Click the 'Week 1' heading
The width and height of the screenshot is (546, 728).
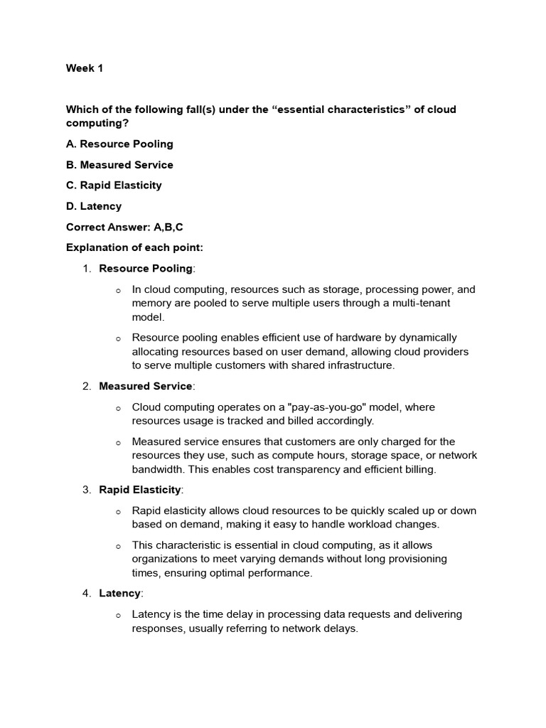click(x=84, y=68)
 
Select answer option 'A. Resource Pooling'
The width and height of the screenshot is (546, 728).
click(x=119, y=144)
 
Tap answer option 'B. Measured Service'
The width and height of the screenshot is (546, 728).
click(x=119, y=164)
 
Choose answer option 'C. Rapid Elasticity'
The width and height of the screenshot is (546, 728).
click(x=114, y=185)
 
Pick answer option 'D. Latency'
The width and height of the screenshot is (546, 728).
click(x=94, y=206)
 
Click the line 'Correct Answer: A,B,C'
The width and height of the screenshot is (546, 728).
click(x=124, y=227)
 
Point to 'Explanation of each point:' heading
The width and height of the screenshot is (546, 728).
click(x=134, y=248)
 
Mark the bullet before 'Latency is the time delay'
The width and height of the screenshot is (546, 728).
click(x=119, y=615)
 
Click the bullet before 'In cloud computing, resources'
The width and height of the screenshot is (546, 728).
click(x=119, y=291)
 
